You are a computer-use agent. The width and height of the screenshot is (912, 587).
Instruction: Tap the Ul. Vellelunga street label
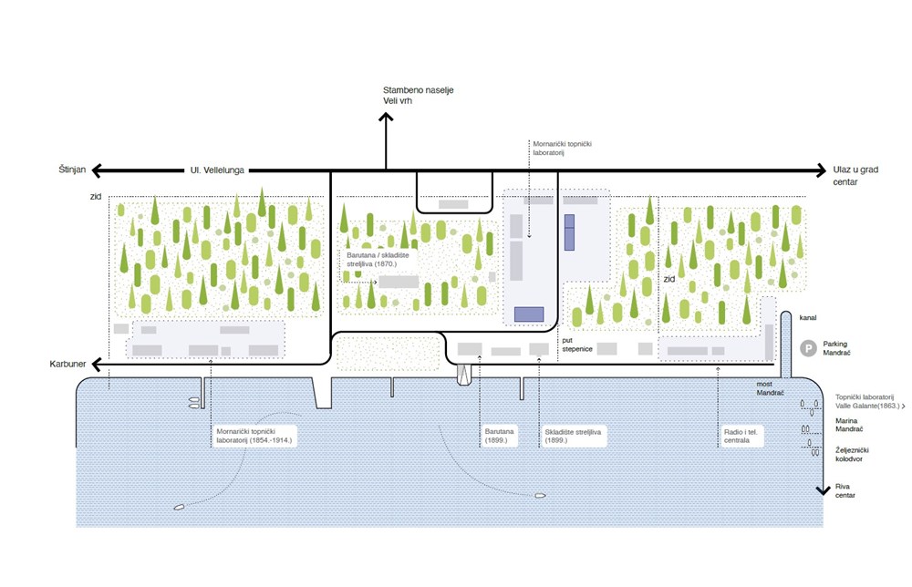tap(218, 170)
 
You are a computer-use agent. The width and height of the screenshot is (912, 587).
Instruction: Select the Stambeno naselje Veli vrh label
tap(420, 95)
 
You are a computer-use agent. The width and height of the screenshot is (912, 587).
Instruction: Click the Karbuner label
tap(68, 365)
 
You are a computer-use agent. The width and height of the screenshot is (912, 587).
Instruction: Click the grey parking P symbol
tap(807, 347)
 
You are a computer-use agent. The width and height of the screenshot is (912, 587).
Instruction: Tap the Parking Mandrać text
tap(842, 347)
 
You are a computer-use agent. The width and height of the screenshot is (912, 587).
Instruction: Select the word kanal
tap(807, 318)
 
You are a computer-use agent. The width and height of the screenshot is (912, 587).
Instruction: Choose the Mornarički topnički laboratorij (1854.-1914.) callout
tap(255, 436)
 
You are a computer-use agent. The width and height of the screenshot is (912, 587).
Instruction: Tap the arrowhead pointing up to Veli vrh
tap(385, 118)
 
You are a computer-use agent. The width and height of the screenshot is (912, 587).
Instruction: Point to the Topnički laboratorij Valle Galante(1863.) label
tap(867, 401)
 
